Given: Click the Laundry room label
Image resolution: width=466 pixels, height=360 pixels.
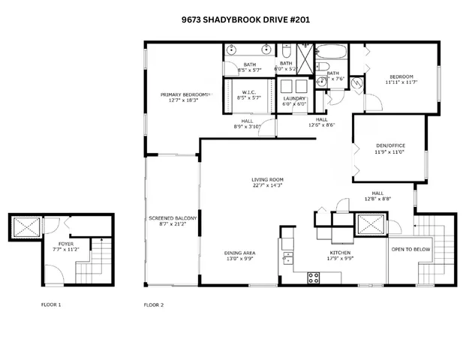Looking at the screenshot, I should coord(293,99).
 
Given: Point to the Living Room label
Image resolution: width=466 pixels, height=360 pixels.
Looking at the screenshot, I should coord(266,179).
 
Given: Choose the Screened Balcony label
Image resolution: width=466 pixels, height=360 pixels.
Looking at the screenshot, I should coord(173,218).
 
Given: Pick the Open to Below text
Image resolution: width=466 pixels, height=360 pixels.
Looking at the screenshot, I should coord(410,250).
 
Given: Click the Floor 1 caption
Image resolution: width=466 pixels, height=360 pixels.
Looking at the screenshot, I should coord(50,305).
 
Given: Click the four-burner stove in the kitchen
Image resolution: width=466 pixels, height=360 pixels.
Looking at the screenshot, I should coord(314,277).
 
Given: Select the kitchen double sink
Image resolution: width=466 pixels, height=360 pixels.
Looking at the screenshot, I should coord(287,259).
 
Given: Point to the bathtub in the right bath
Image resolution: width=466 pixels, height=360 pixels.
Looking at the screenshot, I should coord(331,53).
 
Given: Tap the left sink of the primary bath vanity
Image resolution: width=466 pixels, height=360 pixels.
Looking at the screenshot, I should coord(232,51).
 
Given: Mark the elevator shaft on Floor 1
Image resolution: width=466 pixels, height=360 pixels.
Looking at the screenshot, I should coord(26,226).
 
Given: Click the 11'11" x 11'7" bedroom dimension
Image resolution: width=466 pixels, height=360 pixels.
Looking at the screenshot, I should coord(401,82).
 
